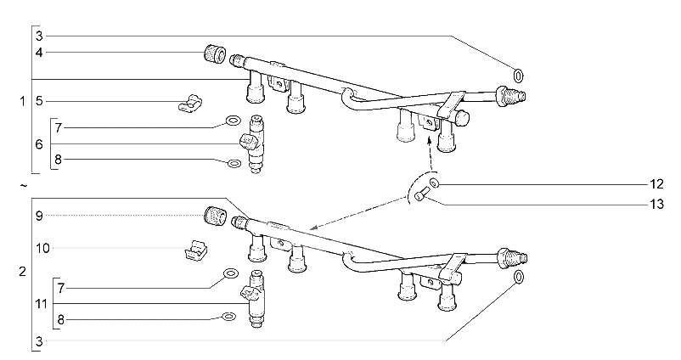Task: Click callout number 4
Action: tap(39, 53)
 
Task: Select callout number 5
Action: tap(39, 102)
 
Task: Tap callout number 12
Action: tap(656, 184)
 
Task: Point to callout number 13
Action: tap(656, 204)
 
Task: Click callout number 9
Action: tap(39, 216)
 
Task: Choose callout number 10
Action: tap(42, 249)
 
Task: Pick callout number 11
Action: tap(41, 304)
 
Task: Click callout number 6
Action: tap(39, 144)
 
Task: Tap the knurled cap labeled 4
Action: tap(215, 53)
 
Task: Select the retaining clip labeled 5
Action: tap(190, 103)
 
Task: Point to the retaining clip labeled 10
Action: tap(196, 250)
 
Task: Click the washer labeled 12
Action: tap(434, 183)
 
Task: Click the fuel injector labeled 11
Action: tap(255, 300)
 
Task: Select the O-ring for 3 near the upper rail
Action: tap(518, 76)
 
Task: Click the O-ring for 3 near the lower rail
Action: tap(518, 277)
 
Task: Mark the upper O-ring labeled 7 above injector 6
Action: tap(234, 121)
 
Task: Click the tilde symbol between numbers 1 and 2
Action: tap(24, 186)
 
